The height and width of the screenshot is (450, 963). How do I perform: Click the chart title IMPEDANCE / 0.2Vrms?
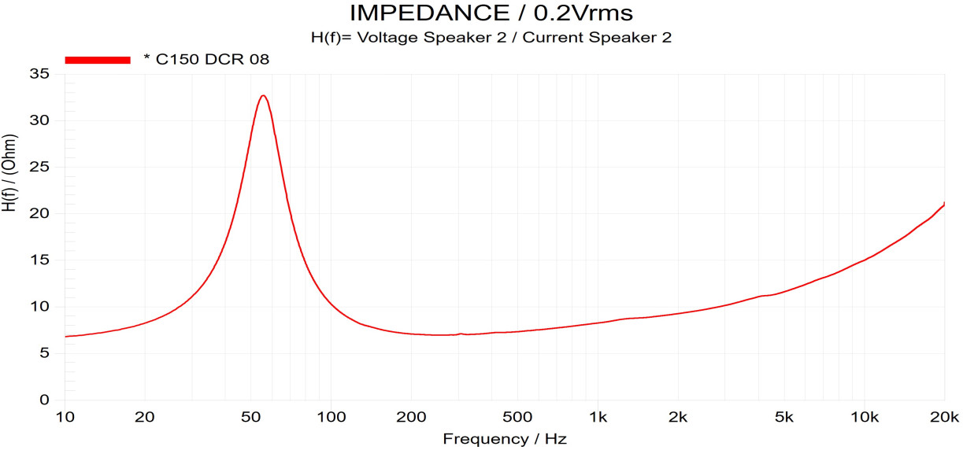pos(491,13)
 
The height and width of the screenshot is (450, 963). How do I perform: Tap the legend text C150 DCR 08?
pos(207,59)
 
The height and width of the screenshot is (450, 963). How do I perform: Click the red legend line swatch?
pos(98,59)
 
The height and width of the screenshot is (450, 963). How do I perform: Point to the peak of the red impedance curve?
pos(264,96)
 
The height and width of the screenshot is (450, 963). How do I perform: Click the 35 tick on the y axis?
pos(39,74)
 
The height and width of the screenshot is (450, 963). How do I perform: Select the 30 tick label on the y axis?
pos(39,120)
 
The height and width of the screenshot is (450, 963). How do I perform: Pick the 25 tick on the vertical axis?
pos(39,167)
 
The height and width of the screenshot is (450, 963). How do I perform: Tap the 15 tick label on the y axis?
pos(39,260)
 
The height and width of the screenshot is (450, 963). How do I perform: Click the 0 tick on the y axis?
pos(44,400)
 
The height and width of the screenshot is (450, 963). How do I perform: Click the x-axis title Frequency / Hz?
pos(504,438)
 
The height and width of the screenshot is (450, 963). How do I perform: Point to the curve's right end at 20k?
pos(944,204)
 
